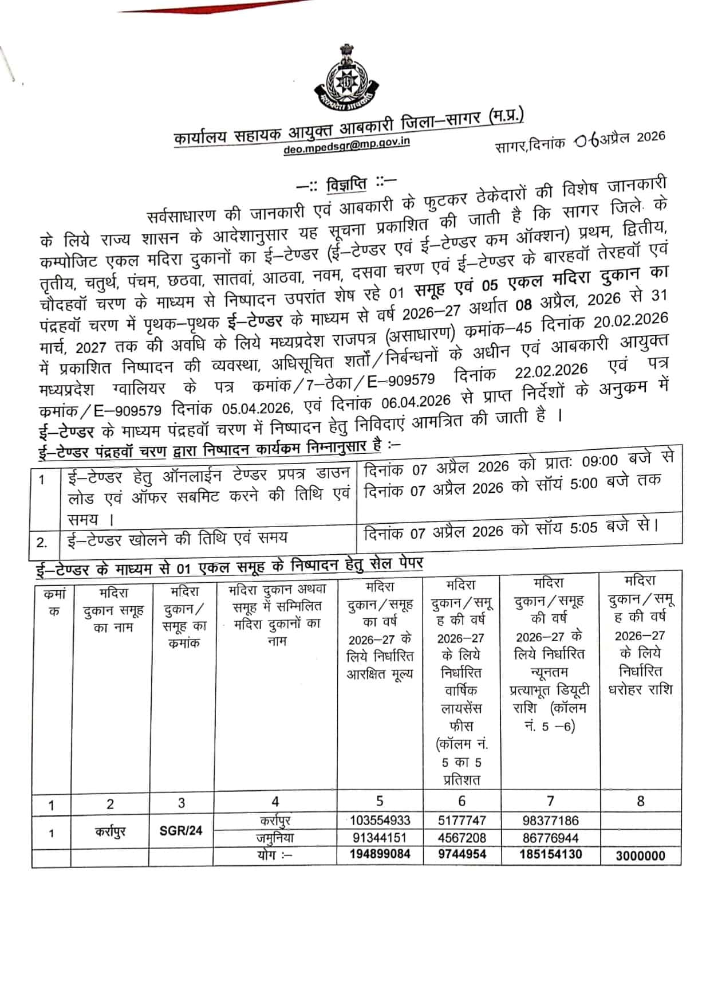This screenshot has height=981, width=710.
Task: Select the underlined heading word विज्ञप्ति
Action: (346, 185)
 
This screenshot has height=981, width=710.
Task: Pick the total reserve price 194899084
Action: (380, 854)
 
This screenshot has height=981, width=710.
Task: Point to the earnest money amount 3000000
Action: (640, 856)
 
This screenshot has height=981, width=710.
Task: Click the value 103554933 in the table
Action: (380, 821)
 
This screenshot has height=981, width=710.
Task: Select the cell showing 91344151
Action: (380, 837)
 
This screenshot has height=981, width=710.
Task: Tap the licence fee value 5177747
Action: (462, 821)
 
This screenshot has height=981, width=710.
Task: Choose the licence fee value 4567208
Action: (462, 837)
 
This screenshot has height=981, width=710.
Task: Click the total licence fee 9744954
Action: (462, 854)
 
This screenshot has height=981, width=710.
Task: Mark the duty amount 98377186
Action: (550, 821)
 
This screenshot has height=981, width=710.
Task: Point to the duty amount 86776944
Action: (550, 837)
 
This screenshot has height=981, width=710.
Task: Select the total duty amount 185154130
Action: (550, 854)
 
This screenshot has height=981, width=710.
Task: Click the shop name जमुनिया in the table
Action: (275, 837)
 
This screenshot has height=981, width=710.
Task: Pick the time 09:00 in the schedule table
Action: (599, 461)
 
